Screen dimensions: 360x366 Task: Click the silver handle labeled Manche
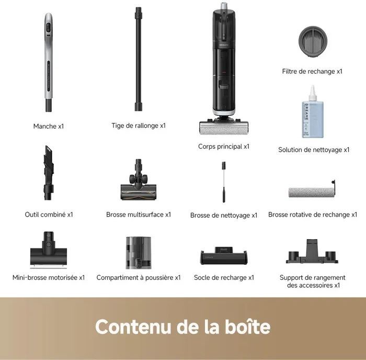coord(48,63)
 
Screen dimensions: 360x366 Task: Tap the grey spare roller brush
coord(312,192)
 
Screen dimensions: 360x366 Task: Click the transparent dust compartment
coord(139,252)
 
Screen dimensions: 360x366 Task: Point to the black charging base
coord(223,257)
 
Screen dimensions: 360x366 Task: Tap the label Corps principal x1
coord(224,147)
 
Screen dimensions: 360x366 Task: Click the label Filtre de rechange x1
coord(312,71)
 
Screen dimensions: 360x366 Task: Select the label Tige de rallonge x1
coord(139,126)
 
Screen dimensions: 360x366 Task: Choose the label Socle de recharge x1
coord(224,277)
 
